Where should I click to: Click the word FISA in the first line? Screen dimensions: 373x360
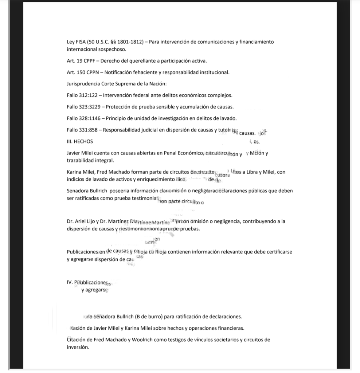(81, 42)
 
